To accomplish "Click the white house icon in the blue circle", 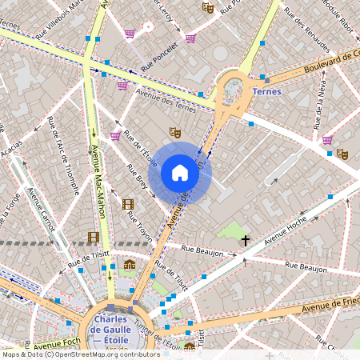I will [x=180, y=173].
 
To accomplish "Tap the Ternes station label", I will [x=266, y=91].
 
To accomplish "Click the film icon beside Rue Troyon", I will [x=129, y=204].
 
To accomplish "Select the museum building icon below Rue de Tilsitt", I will [x=130, y=265].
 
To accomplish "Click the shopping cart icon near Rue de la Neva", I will [x=327, y=140].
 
